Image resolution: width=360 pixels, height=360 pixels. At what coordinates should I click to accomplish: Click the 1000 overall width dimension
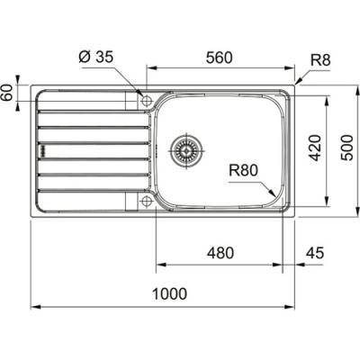[169, 293]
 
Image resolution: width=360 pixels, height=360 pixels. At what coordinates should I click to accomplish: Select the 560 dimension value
[220, 58]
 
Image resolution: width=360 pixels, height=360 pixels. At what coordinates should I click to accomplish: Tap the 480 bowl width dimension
[220, 253]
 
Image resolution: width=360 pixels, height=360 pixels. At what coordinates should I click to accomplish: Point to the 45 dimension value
[315, 253]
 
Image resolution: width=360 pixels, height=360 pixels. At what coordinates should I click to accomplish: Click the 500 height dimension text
[347, 148]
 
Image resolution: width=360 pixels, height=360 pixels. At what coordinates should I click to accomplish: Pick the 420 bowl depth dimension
[315, 148]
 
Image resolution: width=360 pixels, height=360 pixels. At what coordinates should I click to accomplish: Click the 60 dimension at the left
[8, 93]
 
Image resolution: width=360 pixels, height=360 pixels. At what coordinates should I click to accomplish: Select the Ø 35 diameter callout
[96, 57]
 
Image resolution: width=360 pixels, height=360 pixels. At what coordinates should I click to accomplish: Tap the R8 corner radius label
[320, 59]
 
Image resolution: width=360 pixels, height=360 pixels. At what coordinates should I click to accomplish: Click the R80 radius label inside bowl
[243, 171]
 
